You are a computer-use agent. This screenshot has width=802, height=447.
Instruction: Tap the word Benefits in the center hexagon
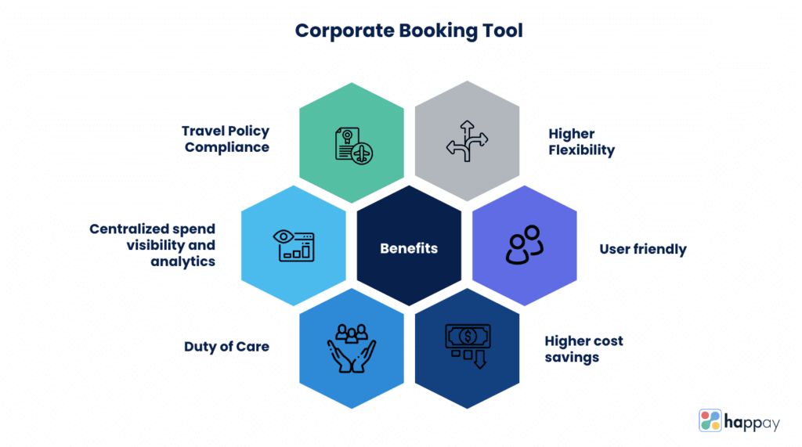tap(409, 249)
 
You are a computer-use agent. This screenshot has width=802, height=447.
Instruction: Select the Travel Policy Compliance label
tap(226, 139)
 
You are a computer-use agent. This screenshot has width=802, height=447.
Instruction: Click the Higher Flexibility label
tap(581, 142)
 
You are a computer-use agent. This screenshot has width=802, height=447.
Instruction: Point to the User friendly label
tap(642, 249)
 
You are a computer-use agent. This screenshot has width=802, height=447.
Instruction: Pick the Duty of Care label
tap(226, 346)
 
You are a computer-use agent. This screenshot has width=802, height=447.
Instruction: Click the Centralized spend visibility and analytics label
tap(152, 245)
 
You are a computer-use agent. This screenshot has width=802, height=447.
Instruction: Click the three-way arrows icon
tap(467, 141)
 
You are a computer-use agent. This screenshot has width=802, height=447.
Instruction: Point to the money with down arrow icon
tap(466, 344)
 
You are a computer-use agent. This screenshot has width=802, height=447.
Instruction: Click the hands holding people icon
tap(352, 348)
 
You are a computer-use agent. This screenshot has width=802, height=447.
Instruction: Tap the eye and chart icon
tap(294, 245)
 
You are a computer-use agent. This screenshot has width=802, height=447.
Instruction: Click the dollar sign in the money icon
tap(467, 336)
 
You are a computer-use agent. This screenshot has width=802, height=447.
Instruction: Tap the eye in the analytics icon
tap(283, 236)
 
